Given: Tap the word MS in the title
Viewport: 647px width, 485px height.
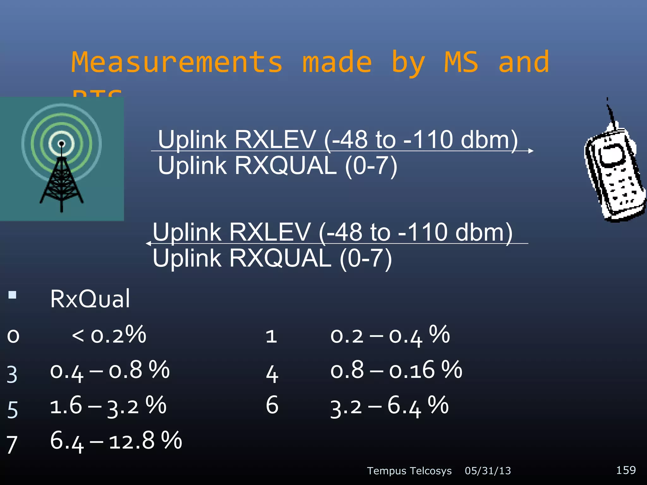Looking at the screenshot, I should tap(461, 62).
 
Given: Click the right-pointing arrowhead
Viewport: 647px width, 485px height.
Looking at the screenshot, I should tap(531, 151).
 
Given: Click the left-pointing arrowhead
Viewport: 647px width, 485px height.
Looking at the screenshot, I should tap(148, 243).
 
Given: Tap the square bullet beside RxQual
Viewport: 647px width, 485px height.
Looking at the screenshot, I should tap(12, 295).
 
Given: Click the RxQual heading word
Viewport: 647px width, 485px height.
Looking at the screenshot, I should tap(90, 299).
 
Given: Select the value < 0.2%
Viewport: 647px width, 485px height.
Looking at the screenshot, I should tap(109, 335).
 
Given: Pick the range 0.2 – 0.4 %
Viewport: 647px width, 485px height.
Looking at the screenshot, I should tap(390, 335).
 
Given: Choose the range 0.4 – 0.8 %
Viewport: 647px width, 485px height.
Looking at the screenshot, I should tap(110, 370).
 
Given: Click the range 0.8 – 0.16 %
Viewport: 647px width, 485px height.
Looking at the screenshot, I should tap(396, 370).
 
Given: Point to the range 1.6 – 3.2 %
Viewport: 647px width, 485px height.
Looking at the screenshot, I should tap(108, 406).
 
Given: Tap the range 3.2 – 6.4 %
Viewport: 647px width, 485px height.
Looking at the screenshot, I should tap(389, 406).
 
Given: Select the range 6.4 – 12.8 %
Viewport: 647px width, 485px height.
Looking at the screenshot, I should tap(116, 441).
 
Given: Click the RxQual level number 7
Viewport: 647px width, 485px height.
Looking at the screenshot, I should tap(12, 445).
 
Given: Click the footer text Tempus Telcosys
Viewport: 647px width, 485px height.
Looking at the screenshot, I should tap(409, 471).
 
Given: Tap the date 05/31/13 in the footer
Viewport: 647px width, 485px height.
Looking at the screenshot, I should tap(487, 471).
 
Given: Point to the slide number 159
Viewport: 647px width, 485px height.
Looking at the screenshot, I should tap(626, 470).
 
